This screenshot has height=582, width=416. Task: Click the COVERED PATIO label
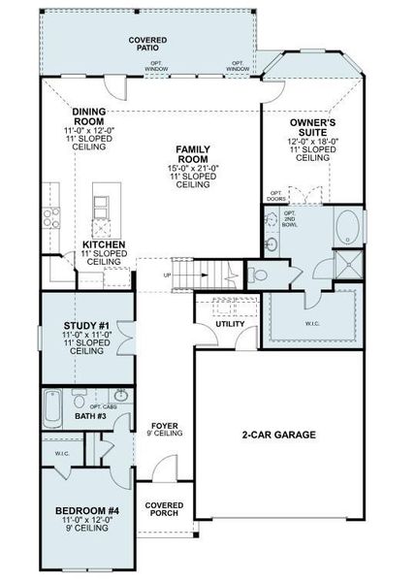pos(148,45)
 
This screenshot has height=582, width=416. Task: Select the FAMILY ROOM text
pos(194,153)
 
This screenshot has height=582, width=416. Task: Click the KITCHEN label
pos(103,244)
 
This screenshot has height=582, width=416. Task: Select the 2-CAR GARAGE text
pos(279,436)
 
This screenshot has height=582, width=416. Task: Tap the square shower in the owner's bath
pos(346,265)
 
